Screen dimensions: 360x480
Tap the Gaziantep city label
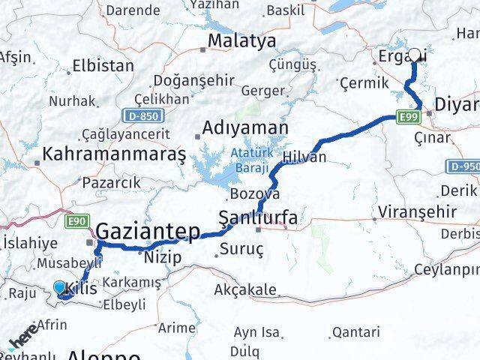coord(147,231)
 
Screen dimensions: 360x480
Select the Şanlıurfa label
coord(258,218)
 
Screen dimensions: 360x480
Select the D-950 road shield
coord(463,166)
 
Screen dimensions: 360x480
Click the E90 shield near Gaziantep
coord(77,220)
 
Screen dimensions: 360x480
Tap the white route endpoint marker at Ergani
coord(415,54)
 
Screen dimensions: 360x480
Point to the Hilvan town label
coord(304,157)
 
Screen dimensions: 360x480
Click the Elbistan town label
coord(103,65)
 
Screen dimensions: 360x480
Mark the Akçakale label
coord(241,289)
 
